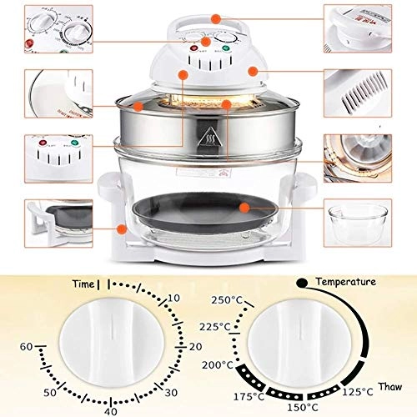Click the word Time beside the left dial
[x=83, y=284]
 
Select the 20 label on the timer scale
[x=196, y=345]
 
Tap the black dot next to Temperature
[x=302, y=283]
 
